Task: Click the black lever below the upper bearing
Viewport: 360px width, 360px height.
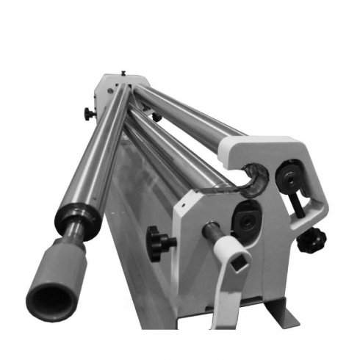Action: coord(298,204)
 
